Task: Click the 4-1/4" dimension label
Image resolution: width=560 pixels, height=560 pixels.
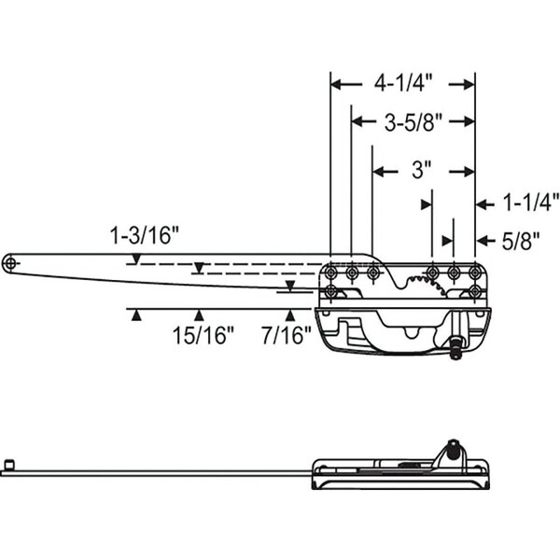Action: [x=403, y=84]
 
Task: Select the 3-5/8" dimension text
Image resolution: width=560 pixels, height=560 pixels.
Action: [x=413, y=122]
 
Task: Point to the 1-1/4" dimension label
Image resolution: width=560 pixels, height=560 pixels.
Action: [x=531, y=203]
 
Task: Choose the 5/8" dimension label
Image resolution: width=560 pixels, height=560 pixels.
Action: [x=521, y=241]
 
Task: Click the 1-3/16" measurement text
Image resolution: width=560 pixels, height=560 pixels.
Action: [x=144, y=236]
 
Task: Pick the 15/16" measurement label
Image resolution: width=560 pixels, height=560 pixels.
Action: [x=203, y=335]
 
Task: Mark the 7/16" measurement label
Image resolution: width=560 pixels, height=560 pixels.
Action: [x=287, y=335]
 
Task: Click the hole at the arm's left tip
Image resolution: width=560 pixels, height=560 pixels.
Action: [x=10, y=263]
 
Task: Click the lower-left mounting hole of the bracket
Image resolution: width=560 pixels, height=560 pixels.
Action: [x=331, y=292]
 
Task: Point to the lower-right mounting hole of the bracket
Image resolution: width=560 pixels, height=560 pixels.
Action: [x=475, y=292]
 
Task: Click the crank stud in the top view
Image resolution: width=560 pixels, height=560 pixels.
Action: [x=455, y=347]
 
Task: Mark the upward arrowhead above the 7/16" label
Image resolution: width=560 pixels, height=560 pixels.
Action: [x=291, y=315]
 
